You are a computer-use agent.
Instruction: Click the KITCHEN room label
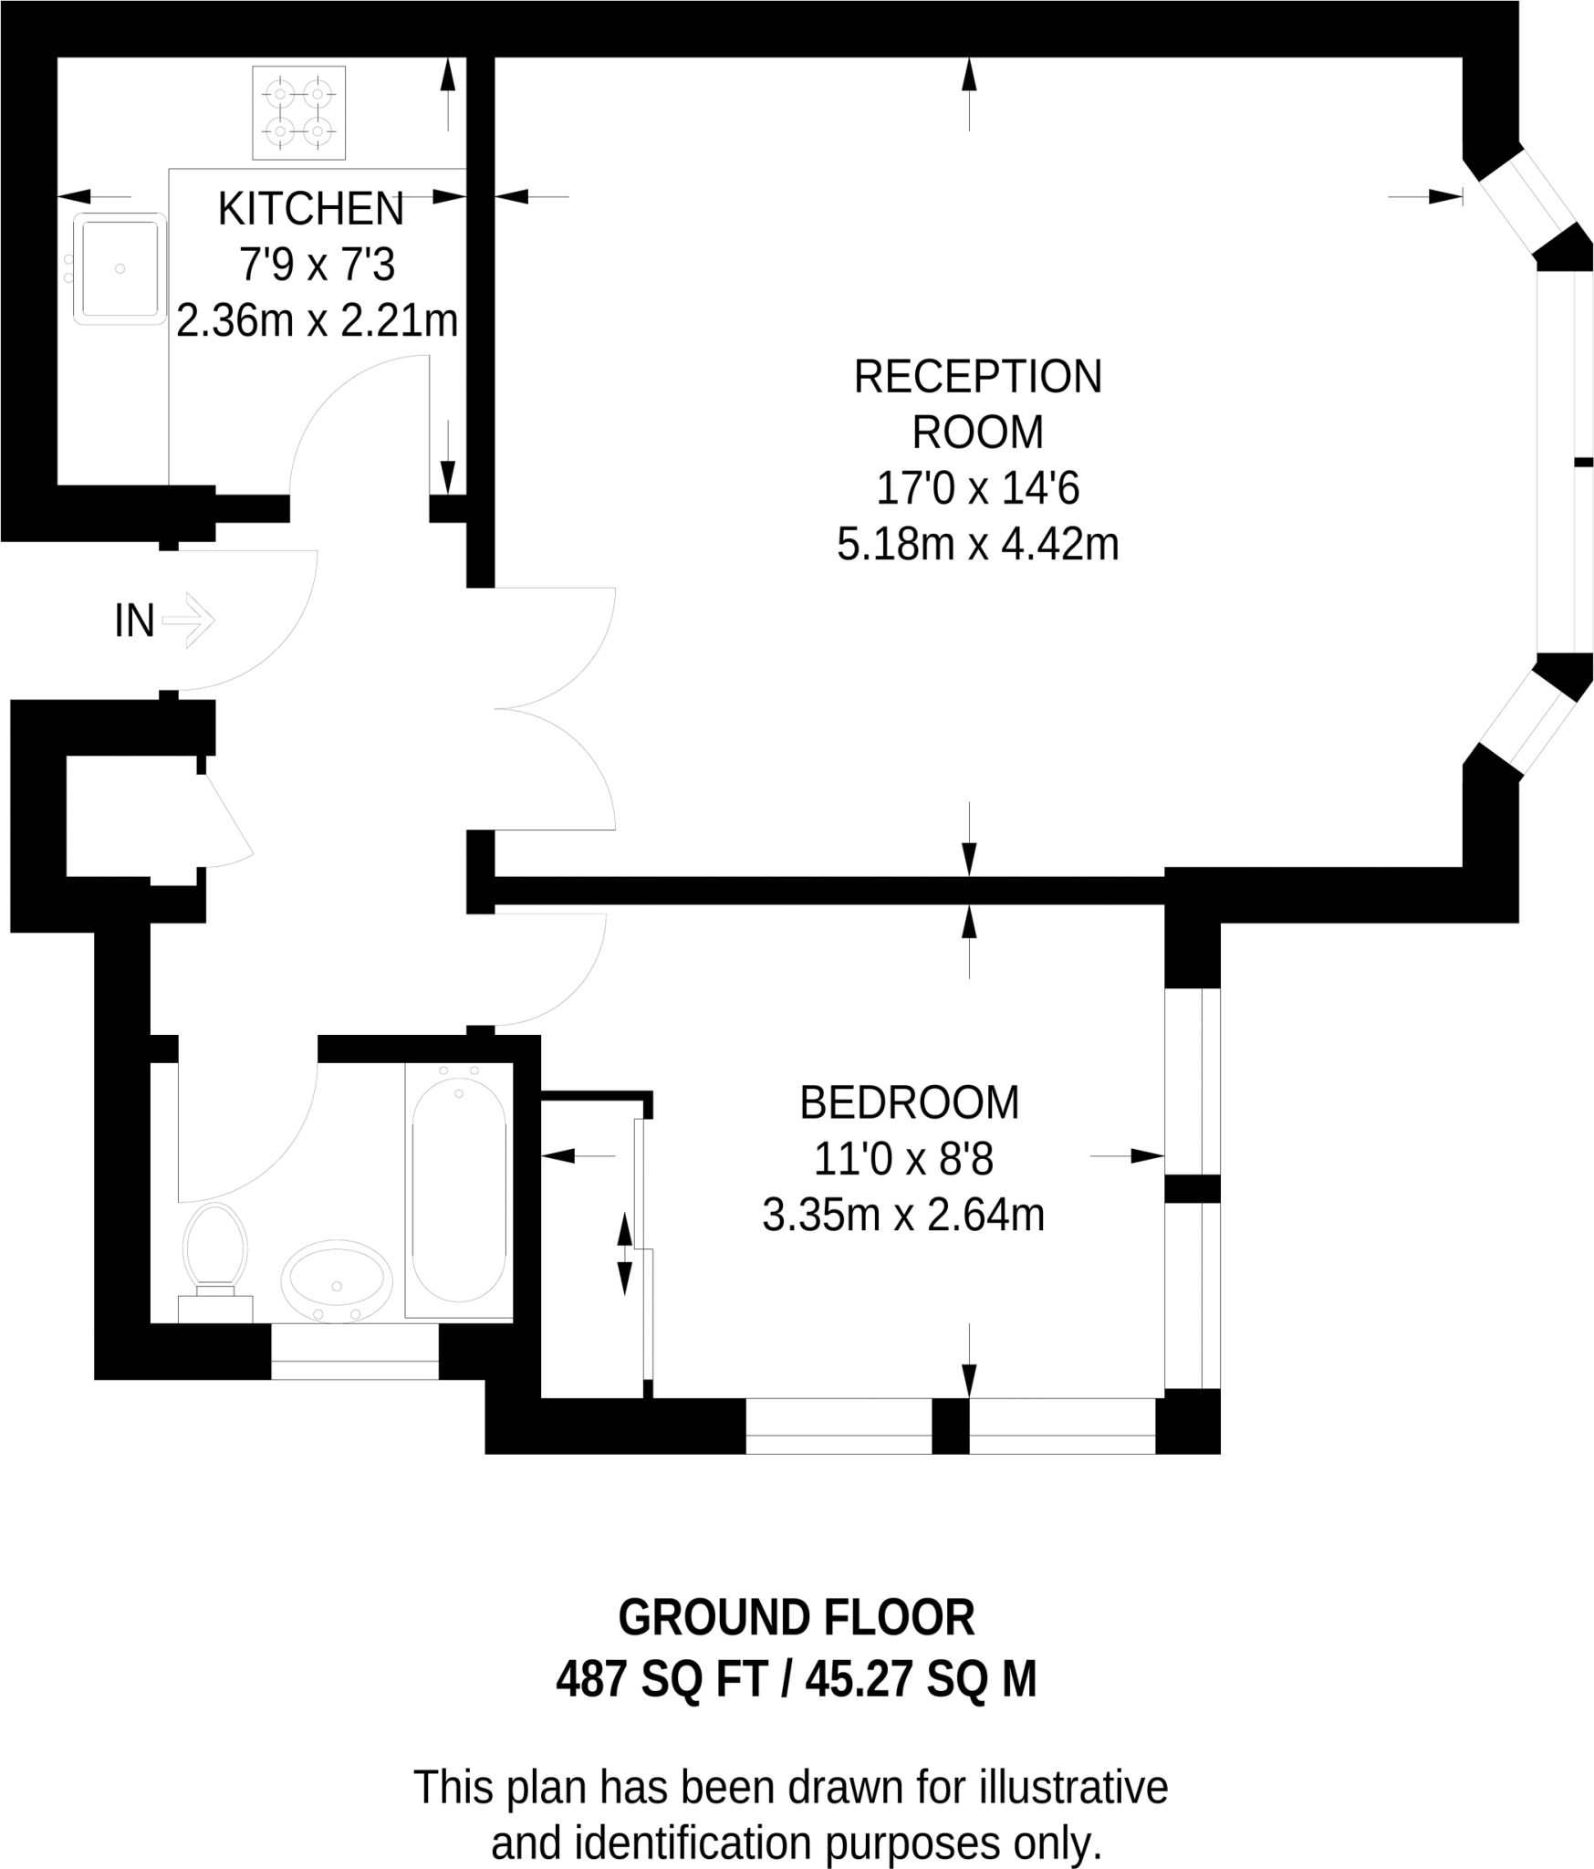(x=310, y=209)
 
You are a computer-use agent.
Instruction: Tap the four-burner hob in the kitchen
(x=299, y=112)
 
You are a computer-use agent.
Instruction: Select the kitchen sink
(x=120, y=269)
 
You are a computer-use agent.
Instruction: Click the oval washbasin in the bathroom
(x=337, y=1279)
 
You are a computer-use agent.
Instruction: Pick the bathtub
(x=459, y=1190)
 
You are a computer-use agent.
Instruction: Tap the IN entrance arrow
(x=189, y=621)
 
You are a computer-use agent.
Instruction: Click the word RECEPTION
(x=978, y=377)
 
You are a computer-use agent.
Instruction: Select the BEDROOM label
(x=910, y=1103)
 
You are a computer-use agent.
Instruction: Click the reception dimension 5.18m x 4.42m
(x=978, y=545)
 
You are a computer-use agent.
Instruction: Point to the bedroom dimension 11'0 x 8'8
(x=903, y=1159)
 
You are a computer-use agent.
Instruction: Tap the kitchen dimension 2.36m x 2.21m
(x=317, y=321)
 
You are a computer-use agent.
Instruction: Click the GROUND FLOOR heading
(x=797, y=1618)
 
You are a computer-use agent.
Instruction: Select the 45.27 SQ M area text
(x=922, y=1679)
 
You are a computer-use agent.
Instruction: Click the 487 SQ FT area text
(x=662, y=1679)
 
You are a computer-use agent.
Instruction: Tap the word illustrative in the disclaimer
(x=1074, y=1787)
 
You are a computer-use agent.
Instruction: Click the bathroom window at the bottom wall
(x=355, y=1351)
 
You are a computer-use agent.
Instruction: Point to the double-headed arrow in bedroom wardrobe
(x=624, y=1254)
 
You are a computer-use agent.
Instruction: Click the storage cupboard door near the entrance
(x=225, y=820)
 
